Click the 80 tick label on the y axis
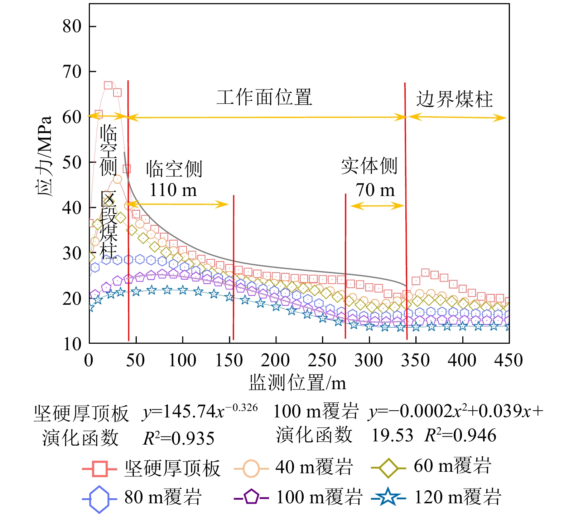click(x=72, y=26)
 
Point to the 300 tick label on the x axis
click(x=368, y=360)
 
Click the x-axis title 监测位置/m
click(x=297, y=383)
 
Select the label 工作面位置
click(x=264, y=98)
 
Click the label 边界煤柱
click(x=454, y=99)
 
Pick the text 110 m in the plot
click(x=173, y=190)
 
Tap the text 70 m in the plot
click(x=375, y=190)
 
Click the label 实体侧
click(x=369, y=166)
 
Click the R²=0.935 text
click(x=178, y=438)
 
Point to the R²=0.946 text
click(x=460, y=435)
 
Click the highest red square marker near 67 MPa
click(x=108, y=85)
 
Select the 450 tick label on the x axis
click(x=508, y=360)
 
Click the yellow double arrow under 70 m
click(x=377, y=206)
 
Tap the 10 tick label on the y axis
click(x=72, y=344)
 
